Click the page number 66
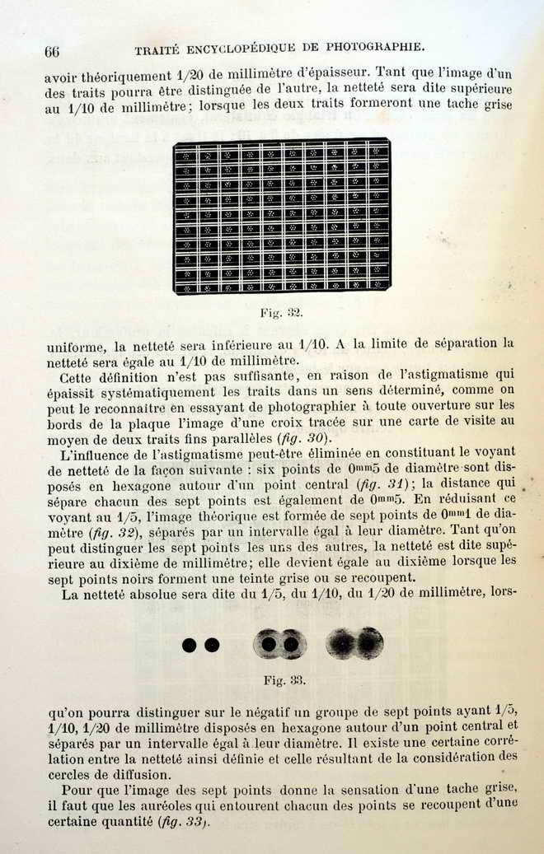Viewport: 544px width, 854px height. (52, 51)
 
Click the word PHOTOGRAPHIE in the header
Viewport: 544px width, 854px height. (377, 47)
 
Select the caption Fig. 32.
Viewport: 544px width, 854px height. (281, 314)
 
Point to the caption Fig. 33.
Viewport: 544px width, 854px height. (284, 680)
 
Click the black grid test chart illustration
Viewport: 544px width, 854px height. (281, 216)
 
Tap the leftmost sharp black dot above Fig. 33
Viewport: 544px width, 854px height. (190, 645)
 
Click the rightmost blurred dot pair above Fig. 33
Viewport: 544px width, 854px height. (355, 643)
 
